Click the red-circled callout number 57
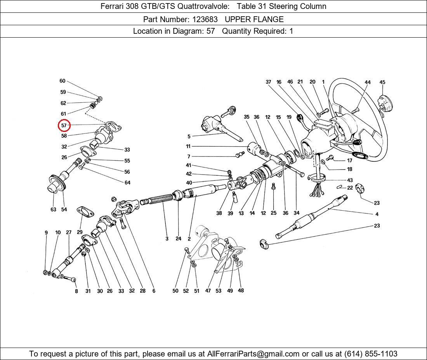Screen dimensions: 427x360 pos(64,125)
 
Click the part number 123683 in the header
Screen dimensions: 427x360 pos(205,19)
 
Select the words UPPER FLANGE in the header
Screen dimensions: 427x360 pos(254,19)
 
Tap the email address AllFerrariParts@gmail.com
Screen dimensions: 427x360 pos(253,354)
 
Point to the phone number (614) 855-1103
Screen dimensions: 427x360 pos(371,354)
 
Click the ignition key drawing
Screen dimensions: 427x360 pos(228,111)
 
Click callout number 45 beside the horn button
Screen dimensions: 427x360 pos(382,82)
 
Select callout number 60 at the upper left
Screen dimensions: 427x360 pos(62,81)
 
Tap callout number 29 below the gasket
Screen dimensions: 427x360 pos(80,232)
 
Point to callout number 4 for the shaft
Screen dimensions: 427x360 pos(377,214)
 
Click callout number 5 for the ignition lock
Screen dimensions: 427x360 pos(189,136)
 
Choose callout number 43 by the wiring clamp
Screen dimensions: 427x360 pos(350,180)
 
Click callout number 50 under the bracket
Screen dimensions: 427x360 pos(175,291)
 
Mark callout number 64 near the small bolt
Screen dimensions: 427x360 pos(127,183)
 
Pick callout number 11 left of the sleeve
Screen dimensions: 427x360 pos(188,146)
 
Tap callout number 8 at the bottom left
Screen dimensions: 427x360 pos(76,291)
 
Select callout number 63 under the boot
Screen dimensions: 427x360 pos(54,209)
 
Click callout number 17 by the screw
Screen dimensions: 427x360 pos(350,161)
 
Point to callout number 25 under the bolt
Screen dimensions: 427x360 pos(273,213)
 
